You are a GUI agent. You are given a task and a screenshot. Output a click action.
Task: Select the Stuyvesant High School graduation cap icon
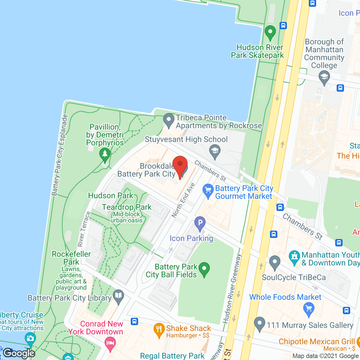(x=215, y=151)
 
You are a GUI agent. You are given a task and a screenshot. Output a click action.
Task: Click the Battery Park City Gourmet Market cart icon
(x=208, y=191)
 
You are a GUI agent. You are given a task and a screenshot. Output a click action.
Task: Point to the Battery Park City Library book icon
(x=118, y=296)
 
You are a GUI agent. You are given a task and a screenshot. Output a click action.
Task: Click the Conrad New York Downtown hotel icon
(x=110, y=343)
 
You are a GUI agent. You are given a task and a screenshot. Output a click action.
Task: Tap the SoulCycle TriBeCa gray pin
(x=274, y=262)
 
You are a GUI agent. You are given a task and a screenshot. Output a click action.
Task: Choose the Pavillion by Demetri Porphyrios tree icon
(x=105, y=154)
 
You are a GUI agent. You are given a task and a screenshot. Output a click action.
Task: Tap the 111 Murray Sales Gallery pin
(x=260, y=323)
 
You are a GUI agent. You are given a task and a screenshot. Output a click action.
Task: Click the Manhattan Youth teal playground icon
(x=294, y=257)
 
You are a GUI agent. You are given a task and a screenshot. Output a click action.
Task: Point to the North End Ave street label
(x=183, y=200)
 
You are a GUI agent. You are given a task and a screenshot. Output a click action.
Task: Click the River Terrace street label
(x=84, y=229)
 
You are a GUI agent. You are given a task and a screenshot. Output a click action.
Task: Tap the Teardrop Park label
(x=127, y=207)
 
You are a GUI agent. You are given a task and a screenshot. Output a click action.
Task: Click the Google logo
(x=19, y=353)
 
